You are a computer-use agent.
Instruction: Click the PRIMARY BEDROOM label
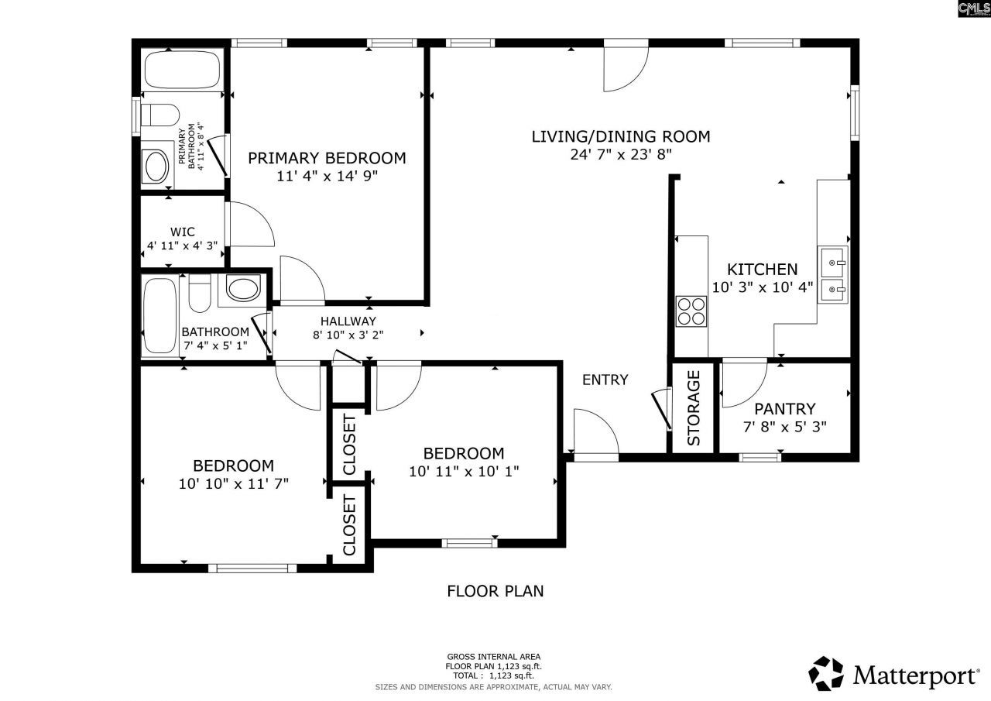tap(327, 158)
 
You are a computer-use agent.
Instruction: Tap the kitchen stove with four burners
tap(691, 311)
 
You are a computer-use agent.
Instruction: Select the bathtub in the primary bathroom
tap(183, 70)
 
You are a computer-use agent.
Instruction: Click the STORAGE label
tap(694, 408)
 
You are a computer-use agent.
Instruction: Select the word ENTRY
tap(605, 380)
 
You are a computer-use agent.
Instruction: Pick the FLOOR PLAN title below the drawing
tap(495, 591)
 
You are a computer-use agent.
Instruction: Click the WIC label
tap(183, 232)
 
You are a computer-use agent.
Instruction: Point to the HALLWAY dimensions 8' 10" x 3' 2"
tap(348, 335)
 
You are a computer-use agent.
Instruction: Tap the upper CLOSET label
tap(349, 445)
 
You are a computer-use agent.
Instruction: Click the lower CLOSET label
tap(349, 526)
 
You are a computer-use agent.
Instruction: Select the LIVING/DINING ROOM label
tap(620, 137)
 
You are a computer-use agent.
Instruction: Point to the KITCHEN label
tap(762, 270)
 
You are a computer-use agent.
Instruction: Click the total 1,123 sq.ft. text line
tap(493, 675)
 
